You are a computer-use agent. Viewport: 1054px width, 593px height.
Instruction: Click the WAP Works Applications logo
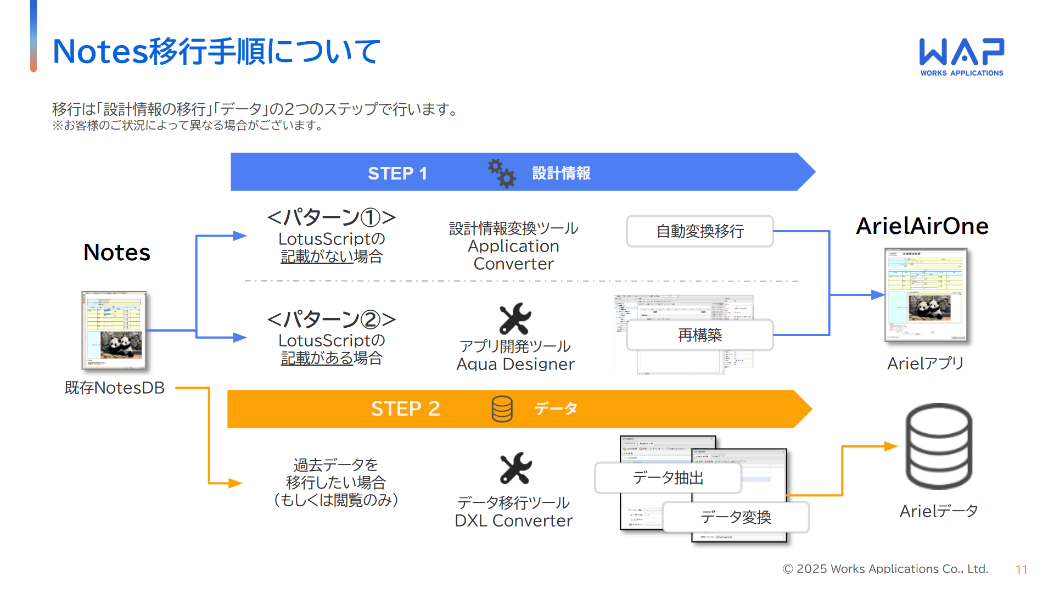coord(962,57)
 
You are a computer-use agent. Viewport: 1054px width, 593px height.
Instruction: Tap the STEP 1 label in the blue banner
coord(397,174)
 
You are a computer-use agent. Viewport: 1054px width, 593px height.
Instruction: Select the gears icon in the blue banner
coord(502,174)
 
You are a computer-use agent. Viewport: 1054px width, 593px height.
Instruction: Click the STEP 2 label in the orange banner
coord(405,409)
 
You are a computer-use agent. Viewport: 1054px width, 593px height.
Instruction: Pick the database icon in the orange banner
coord(502,409)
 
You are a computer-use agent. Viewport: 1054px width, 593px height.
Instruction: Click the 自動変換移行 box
coord(700,231)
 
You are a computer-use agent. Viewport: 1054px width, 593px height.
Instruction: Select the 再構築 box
coord(700,335)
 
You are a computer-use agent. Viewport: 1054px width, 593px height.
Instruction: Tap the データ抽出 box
coord(668,478)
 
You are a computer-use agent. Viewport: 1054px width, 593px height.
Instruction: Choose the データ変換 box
coord(736,517)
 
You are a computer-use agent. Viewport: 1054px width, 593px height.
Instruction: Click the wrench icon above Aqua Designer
coord(515,319)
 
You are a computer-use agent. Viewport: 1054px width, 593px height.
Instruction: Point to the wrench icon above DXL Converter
coord(515,468)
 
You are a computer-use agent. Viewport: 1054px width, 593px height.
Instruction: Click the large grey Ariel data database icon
coord(939,446)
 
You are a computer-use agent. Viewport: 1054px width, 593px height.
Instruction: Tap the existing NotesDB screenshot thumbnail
coord(114,330)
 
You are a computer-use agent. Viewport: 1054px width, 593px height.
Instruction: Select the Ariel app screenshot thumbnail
coord(926,295)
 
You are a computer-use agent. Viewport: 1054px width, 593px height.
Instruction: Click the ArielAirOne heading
coord(922,226)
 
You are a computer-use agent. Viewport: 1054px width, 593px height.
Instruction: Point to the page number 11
coord(1021,570)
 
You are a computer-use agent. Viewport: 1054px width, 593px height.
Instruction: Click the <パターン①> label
coord(331,217)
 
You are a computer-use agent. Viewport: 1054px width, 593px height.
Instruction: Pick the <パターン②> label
coord(331,319)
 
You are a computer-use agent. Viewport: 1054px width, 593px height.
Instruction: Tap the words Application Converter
coord(514,255)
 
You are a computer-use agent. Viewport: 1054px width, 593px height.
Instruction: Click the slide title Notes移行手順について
coord(216,52)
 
